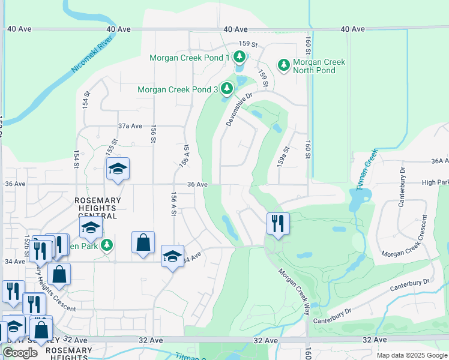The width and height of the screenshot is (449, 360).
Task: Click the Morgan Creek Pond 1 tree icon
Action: (x=240, y=58)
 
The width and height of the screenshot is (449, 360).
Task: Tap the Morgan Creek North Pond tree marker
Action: (x=283, y=64)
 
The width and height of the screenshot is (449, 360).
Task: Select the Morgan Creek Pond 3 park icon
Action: (x=226, y=89)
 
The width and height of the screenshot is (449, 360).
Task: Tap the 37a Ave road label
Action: (x=130, y=126)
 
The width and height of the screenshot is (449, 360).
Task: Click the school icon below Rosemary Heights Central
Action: (x=91, y=227)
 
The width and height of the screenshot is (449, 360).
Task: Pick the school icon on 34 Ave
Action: (x=172, y=256)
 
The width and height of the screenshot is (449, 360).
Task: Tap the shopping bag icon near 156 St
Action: (x=143, y=242)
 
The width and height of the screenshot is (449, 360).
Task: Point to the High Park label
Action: (x=435, y=182)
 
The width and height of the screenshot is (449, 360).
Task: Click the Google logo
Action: (x=20, y=353)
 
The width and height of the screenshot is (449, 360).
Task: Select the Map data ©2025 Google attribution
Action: (x=411, y=355)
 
